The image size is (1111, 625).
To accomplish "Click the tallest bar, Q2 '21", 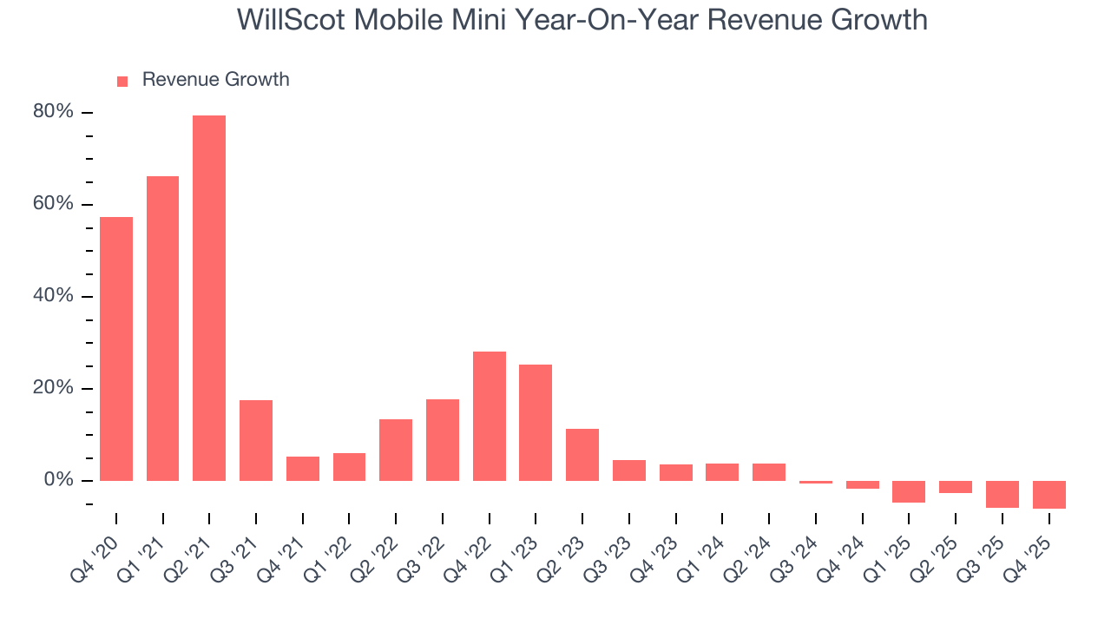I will tap(209, 298).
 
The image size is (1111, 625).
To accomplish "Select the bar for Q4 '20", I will tap(116, 348).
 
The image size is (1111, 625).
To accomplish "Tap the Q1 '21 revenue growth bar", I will tap(162, 328).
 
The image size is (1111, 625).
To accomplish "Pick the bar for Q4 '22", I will tap(490, 416).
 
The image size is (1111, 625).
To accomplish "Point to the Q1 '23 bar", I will tap(536, 423).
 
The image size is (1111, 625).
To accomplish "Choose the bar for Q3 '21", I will tap(256, 440).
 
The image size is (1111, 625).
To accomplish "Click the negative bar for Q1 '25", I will tap(909, 491).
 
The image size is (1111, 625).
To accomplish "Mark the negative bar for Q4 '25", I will tap(1049, 494).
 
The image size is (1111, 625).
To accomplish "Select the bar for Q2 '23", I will tap(582, 454).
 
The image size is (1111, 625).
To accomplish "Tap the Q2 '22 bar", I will tap(396, 450).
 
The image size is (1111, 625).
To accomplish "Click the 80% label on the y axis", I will tap(53, 113).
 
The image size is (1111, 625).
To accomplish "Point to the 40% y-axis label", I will tap(53, 297).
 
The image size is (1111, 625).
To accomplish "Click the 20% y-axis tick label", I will tap(53, 388).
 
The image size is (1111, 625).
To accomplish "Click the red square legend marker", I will tap(122, 82).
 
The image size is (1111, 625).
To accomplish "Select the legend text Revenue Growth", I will tap(215, 80).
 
